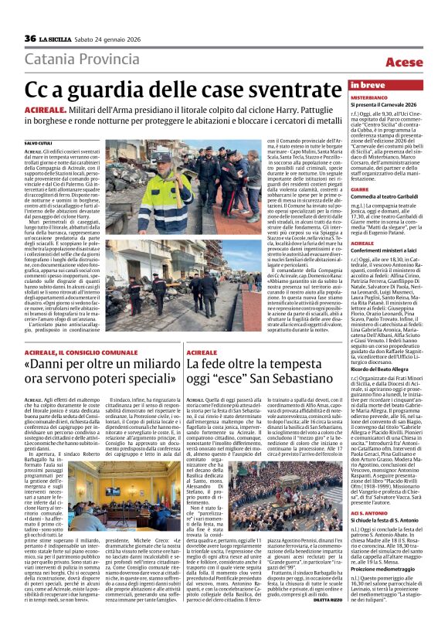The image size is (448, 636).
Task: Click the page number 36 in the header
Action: tap(30, 39)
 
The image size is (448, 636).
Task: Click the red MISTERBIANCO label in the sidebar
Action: tap(369, 98)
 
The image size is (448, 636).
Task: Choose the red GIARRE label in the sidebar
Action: tap(359, 189)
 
